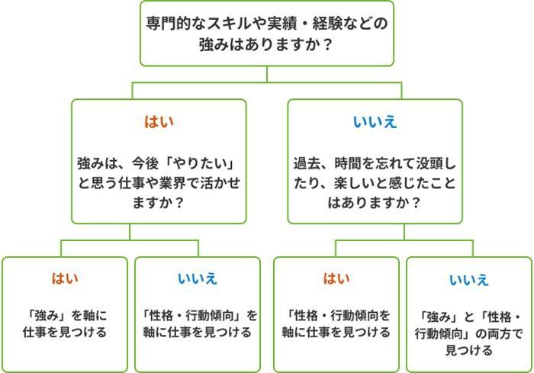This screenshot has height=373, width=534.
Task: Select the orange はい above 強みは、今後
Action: click(x=159, y=122)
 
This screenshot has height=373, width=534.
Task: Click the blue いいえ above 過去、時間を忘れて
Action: click(x=375, y=122)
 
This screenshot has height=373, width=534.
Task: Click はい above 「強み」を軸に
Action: click(x=64, y=278)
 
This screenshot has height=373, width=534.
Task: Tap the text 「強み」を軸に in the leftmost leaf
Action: click(x=64, y=314)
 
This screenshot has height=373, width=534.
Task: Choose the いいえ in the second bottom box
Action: click(x=197, y=278)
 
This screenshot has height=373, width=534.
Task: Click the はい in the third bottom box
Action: click(x=336, y=278)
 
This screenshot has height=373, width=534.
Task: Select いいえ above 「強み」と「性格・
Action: click(x=468, y=280)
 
